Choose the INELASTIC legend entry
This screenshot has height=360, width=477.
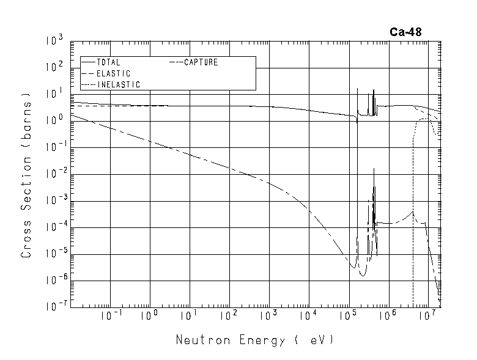click(x=119, y=84)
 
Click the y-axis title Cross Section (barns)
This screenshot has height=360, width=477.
click(x=26, y=175)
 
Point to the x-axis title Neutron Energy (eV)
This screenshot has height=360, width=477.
click(x=255, y=340)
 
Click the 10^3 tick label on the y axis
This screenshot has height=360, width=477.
click(x=54, y=41)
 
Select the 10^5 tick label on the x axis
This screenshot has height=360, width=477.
click(x=349, y=315)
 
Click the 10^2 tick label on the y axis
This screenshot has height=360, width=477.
click(x=54, y=68)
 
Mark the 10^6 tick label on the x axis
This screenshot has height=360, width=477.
click(x=388, y=315)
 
